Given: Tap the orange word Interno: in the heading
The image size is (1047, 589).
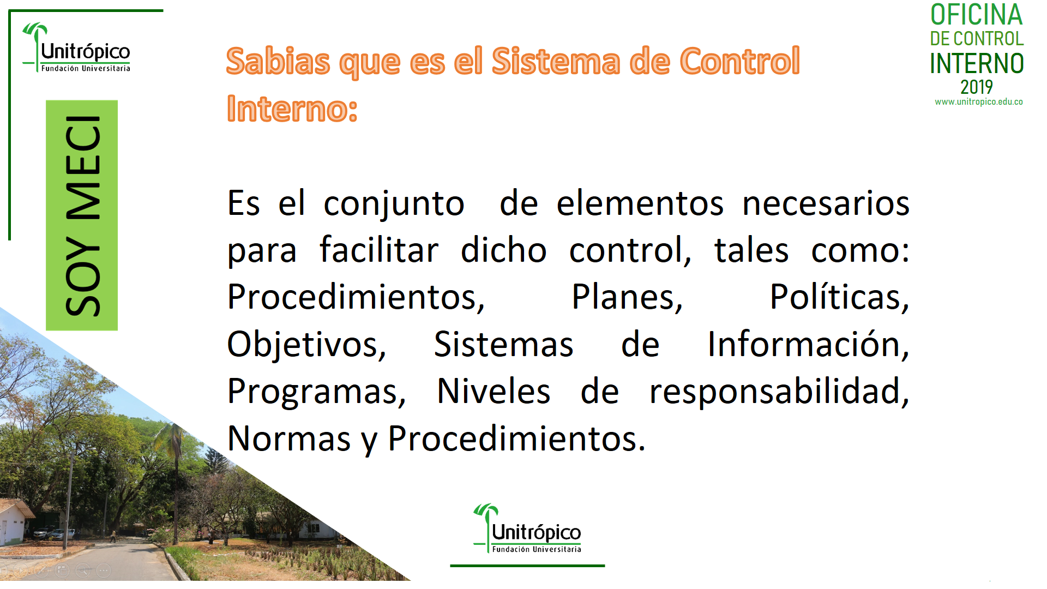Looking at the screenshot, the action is [292, 108].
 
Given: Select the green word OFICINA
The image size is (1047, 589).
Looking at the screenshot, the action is [976, 15].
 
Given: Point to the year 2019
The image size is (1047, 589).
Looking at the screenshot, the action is [977, 87].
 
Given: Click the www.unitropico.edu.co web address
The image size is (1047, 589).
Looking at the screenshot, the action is [979, 102].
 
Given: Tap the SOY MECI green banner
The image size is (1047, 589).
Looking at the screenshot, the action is [82, 215].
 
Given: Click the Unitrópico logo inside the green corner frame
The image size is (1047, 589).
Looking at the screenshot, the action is [76, 47].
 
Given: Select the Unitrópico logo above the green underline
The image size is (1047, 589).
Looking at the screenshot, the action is [527, 528].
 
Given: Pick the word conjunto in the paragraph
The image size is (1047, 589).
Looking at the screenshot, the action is [394, 203].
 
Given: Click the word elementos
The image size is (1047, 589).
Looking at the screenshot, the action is [640, 203].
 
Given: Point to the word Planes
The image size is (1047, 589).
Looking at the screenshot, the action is [627, 297].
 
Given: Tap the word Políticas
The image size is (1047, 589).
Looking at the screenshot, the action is [839, 297].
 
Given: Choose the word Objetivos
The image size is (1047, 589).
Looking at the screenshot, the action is [306, 344].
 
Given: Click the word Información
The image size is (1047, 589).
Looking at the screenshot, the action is [808, 344].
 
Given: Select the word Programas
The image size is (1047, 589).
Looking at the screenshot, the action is [317, 391].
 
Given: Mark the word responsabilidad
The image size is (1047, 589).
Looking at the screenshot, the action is [779, 391].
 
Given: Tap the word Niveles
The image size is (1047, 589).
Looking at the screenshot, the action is [494, 391].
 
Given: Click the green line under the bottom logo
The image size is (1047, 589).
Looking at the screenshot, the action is [527, 566].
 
